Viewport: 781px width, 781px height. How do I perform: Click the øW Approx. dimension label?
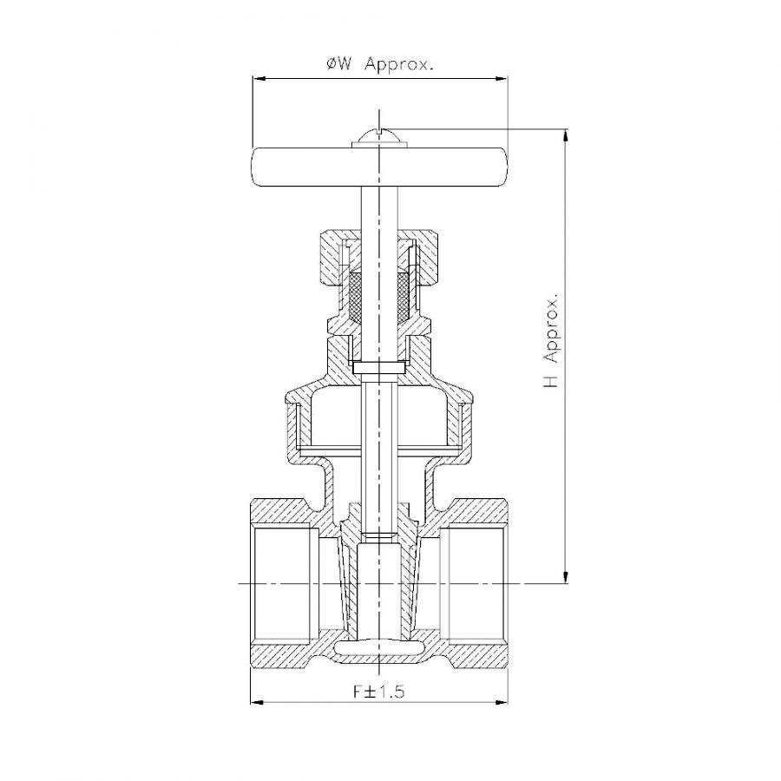[x=379, y=63]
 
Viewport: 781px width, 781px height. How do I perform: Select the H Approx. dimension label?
[x=551, y=342]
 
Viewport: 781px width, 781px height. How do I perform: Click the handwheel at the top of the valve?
[x=379, y=167]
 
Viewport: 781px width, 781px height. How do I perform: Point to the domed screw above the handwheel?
[x=379, y=138]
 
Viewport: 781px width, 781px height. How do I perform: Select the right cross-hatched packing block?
[x=404, y=296]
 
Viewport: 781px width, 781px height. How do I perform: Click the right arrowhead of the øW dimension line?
[x=500, y=78]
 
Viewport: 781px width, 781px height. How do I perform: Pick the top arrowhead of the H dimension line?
[x=565, y=136]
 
